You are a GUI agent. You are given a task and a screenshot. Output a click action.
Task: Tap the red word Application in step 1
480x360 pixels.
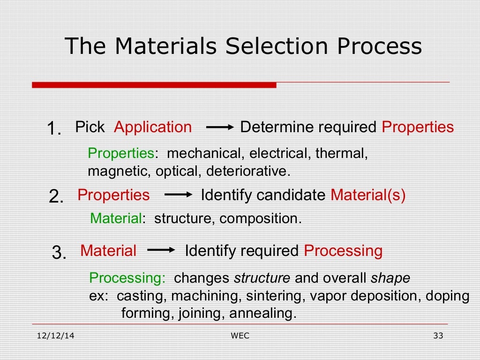coord(153,127)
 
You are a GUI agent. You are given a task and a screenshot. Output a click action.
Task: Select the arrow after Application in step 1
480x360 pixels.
coord(220,127)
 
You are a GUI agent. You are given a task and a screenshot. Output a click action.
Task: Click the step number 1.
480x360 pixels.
coord(54,128)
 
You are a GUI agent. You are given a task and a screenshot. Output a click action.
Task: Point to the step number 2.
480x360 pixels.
coord(56,196)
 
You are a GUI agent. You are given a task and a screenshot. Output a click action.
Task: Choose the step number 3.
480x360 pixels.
coord(59,253)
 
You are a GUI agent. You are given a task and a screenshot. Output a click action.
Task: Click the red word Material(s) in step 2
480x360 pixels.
coord(368,195)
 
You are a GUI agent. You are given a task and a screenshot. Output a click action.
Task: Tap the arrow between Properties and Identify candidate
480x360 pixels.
coord(179,195)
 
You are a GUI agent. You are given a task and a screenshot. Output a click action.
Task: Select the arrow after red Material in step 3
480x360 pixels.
coord(161,251)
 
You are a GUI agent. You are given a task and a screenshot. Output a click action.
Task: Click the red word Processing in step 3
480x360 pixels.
coord(343,251)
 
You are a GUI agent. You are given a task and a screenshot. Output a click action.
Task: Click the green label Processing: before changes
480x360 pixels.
coord(127,278)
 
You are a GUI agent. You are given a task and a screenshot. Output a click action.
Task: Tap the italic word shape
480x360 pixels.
coord(390,278)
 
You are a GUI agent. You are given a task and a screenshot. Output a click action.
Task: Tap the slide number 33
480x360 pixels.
coord(438,336)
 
